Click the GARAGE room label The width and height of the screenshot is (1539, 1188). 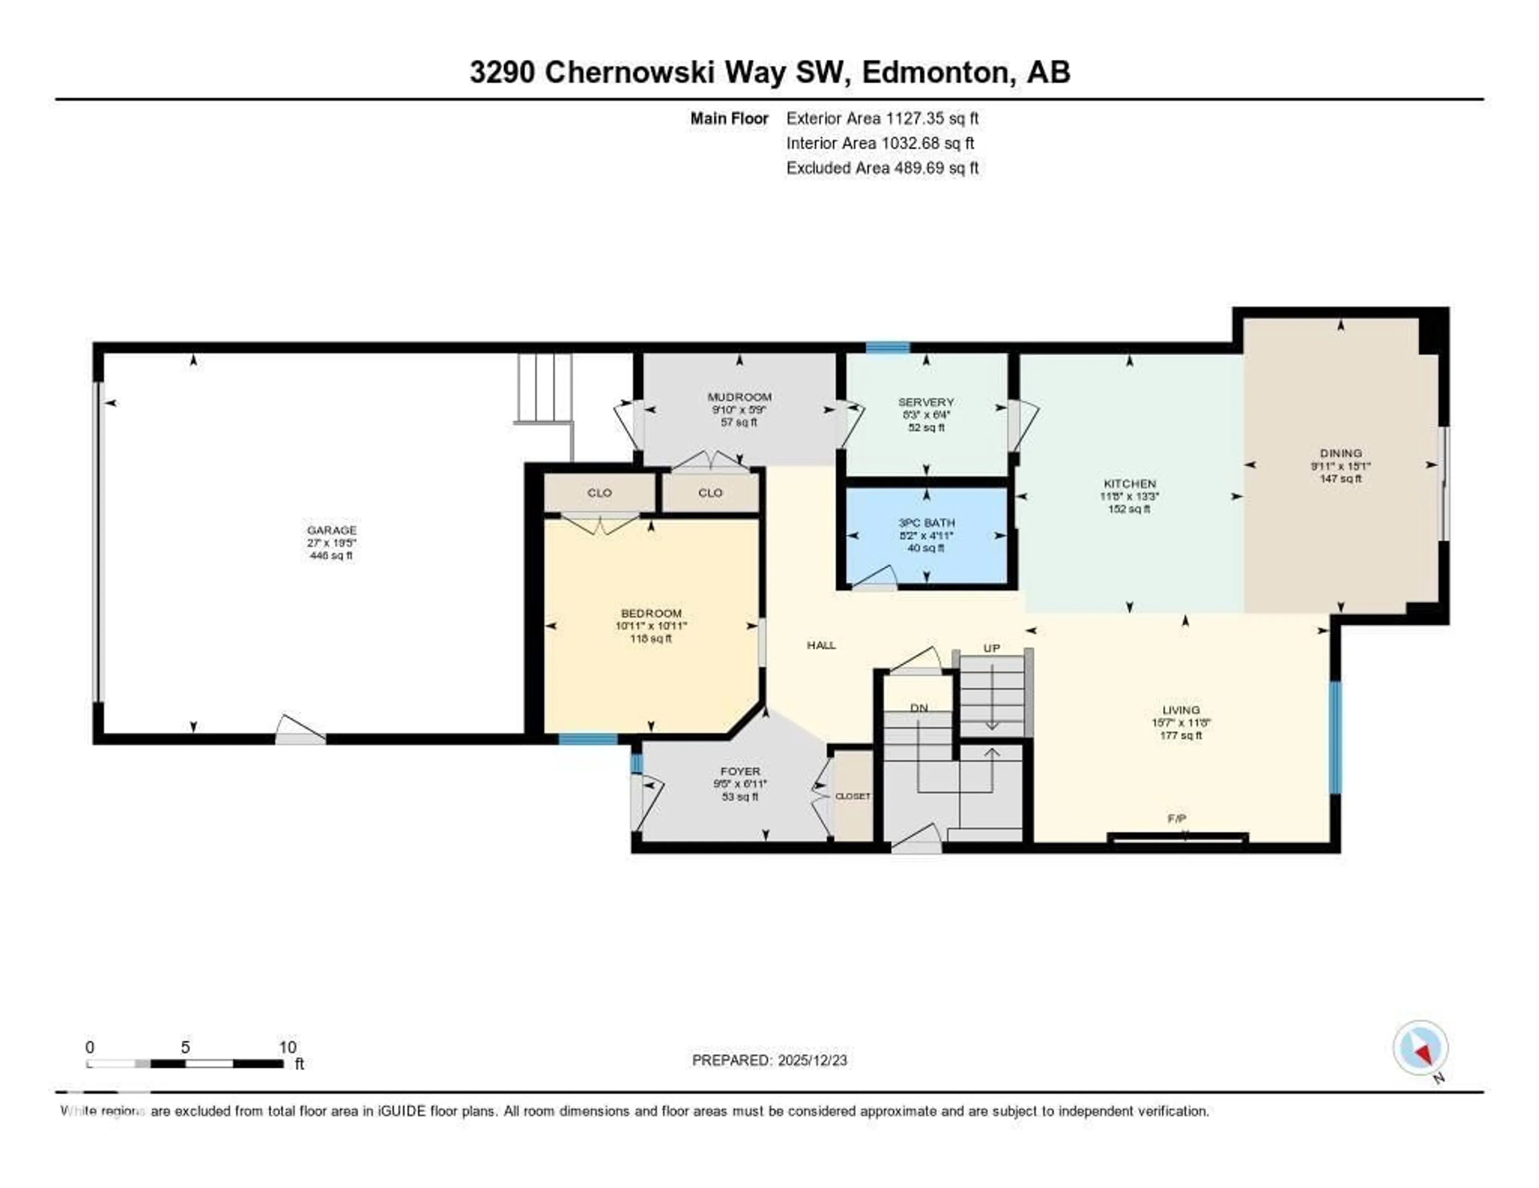point(331,530)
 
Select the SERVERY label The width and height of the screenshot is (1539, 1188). point(926,402)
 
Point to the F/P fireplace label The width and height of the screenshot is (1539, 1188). point(1176,818)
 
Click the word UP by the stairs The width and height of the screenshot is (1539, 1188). point(992,648)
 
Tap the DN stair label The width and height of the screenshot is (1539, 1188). point(919,708)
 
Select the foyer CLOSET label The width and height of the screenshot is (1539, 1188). point(852,796)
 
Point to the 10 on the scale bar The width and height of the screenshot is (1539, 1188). point(287,1047)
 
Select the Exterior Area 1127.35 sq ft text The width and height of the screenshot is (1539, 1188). point(882,118)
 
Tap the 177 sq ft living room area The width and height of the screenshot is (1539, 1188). point(1181,735)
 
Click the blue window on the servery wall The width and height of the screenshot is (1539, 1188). point(887,347)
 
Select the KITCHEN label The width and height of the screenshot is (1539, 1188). point(1129,484)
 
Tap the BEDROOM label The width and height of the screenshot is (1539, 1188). point(651,613)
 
